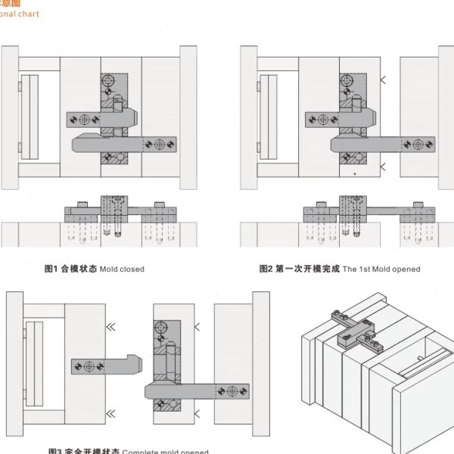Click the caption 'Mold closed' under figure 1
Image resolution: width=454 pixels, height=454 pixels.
122,269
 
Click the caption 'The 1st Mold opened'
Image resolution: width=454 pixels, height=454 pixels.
381,269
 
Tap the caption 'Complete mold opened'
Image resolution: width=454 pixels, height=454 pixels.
165,451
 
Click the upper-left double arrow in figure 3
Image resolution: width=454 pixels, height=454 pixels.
111,327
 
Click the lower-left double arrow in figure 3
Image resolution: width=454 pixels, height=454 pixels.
111,412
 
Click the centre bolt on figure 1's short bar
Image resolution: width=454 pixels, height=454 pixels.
83,119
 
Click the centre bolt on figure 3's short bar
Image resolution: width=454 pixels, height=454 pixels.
89,366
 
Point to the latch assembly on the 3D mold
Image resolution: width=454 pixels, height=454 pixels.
356,331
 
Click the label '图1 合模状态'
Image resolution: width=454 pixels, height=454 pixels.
70,269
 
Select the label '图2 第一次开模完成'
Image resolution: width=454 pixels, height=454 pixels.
300,269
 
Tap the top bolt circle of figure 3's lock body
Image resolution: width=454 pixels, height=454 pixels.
160,327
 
